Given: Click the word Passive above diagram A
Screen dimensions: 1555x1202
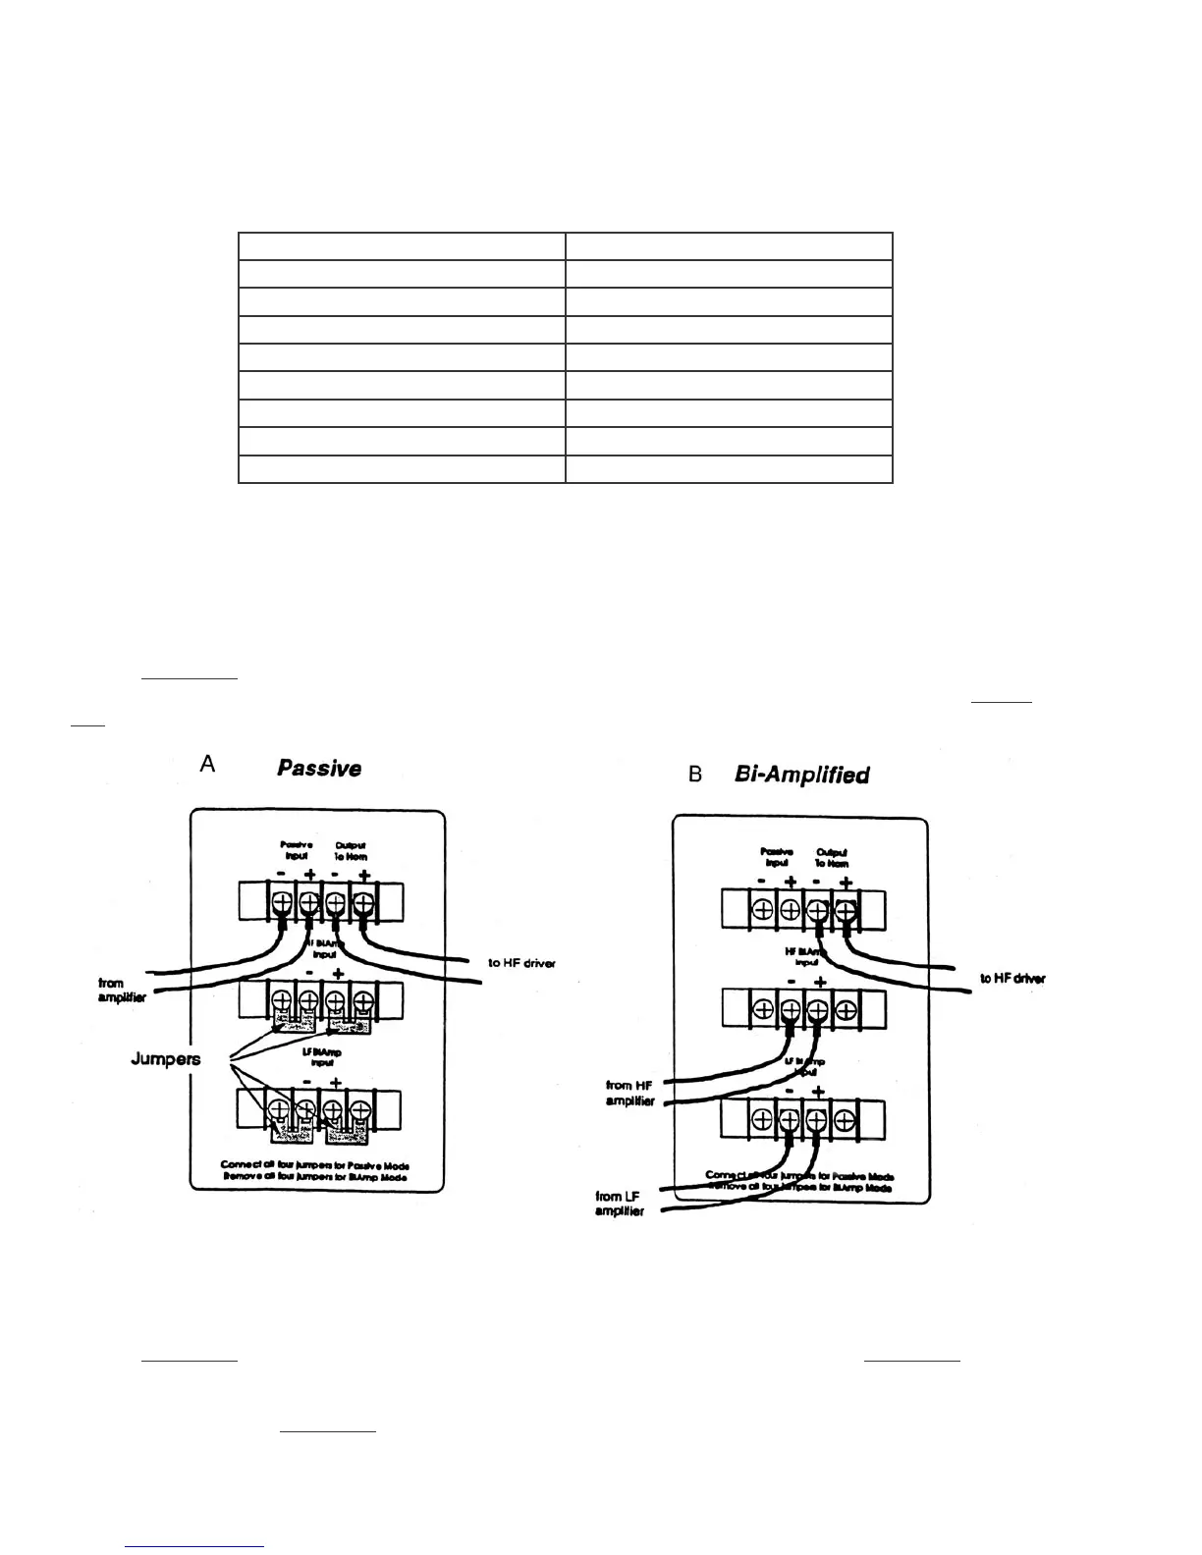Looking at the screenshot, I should point(319,768).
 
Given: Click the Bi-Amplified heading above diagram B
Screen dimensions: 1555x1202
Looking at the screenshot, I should point(801,775).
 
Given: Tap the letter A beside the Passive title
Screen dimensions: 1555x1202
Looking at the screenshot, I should point(207,764).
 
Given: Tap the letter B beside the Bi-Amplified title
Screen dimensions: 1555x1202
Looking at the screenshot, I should point(695,776).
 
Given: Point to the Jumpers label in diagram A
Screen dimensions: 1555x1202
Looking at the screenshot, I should point(166,1059).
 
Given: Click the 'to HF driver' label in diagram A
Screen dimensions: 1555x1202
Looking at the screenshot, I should point(521,963).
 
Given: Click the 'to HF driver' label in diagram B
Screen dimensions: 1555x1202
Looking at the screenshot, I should point(1012,978).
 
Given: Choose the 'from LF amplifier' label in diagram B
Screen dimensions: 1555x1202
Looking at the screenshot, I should point(620,1204).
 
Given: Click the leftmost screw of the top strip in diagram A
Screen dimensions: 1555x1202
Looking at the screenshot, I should point(281,902).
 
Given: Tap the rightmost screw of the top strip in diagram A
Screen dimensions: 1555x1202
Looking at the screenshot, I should point(363,902).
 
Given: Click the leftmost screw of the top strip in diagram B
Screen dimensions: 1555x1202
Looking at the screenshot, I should point(763,909).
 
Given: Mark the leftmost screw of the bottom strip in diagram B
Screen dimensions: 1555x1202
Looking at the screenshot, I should point(763,1119).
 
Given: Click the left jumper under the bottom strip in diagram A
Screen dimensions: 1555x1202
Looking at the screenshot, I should point(293,1134).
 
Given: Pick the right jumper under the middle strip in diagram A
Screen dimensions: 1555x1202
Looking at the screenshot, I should point(350,1025).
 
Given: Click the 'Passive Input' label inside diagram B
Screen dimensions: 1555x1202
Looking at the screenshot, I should point(776,856).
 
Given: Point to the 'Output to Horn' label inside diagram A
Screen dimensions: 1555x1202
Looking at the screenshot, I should point(351,850).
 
